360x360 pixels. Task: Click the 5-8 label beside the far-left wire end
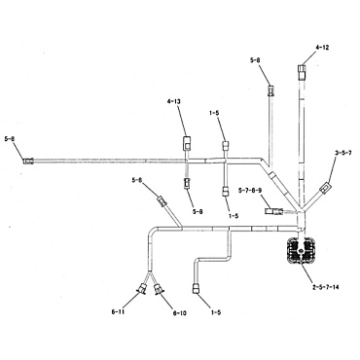pyautogui.click(x=11, y=140)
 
